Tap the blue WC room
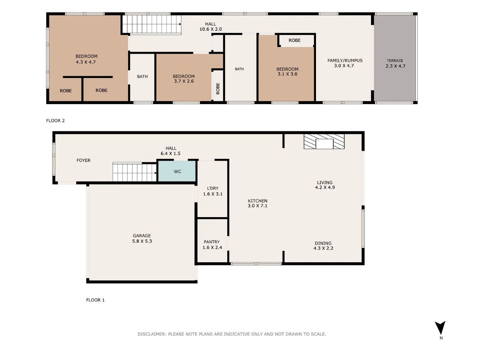[177, 171]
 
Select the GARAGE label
[142, 236]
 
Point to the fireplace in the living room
[324, 142]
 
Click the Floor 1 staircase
[134, 172]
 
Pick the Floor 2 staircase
[151, 24]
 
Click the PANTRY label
[212, 242]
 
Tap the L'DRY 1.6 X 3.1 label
[213, 191]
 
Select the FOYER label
[83, 160]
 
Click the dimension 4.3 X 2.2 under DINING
[323, 248]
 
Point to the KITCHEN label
[257, 201]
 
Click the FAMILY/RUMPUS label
[345, 60]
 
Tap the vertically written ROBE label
[218, 88]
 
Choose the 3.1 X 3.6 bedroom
[287, 72]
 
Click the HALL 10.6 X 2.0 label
[210, 27]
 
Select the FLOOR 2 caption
[55, 121]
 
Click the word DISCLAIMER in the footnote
[152, 334]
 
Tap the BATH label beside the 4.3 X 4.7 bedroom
[142, 76]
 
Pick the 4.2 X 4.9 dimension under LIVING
[325, 187]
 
